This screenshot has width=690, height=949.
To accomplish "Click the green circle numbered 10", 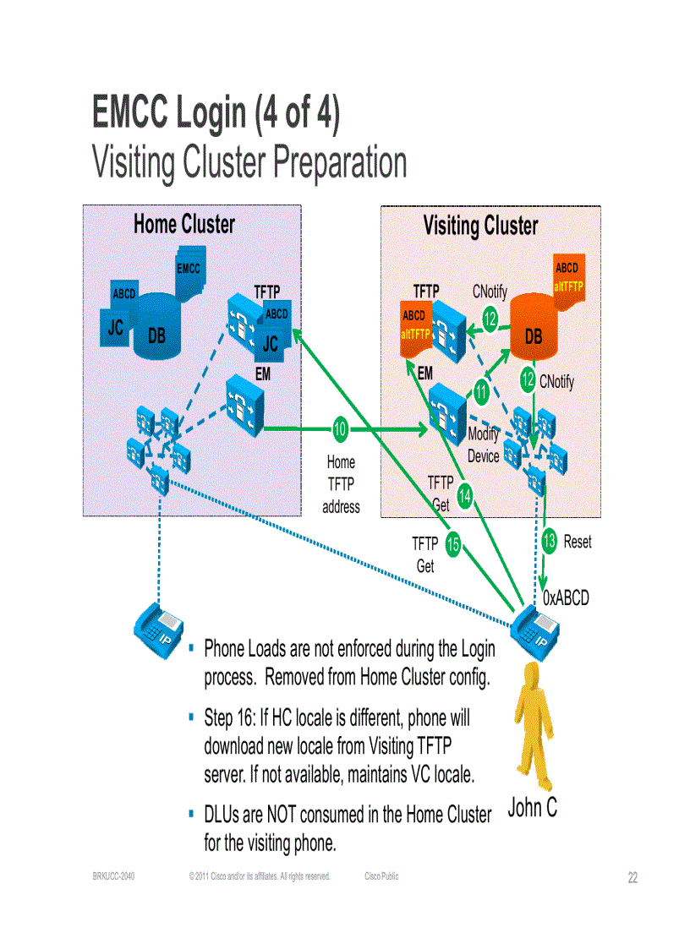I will click(x=340, y=429).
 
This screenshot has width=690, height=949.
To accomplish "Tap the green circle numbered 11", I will click(x=481, y=391).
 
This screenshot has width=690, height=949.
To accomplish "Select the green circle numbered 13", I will click(x=550, y=541).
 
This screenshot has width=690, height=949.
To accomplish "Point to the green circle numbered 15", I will click(x=452, y=546).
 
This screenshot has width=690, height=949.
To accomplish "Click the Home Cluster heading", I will click(x=183, y=224).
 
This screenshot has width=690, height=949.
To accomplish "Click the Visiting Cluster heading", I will click(x=480, y=226).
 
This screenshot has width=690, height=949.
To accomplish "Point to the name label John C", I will click(x=532, y=808).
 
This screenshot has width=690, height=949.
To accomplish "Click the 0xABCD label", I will click(x=566, y=597).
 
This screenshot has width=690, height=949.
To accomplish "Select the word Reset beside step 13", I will click(x=578, y=542).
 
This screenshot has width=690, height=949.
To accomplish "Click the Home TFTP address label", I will click(x=341, y=484).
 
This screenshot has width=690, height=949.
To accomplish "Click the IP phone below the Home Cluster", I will click(x=159, y=625).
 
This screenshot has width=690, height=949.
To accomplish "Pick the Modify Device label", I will click(x=484, y=445).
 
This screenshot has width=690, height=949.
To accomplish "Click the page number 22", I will click(x=632, y=878).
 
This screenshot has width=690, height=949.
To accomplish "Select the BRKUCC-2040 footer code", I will click(x=113, y=876).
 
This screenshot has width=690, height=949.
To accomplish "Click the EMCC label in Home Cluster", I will click(x=189, y=269).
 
